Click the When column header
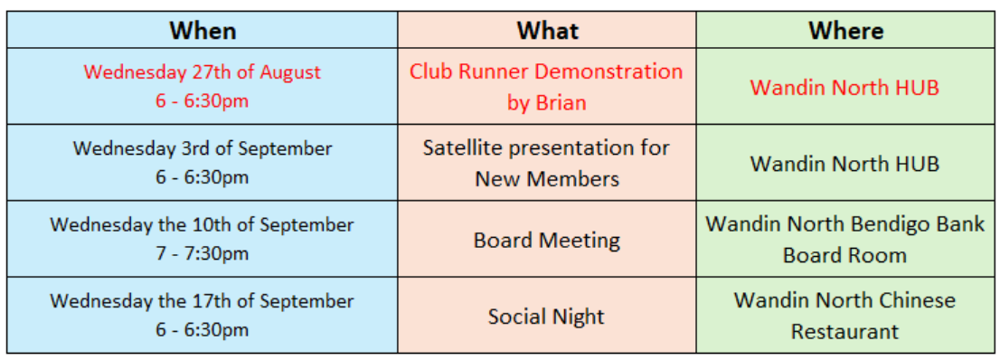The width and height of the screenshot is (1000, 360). [x=203, y=30]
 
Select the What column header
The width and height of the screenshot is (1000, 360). [x=547, y=30]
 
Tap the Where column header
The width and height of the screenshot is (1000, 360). [x=845, y=30]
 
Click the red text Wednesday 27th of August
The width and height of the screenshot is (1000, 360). [x=203, y=71]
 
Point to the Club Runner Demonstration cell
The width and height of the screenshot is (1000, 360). [x=546, y=86]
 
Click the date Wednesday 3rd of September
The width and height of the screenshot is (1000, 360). [x=203, y=148]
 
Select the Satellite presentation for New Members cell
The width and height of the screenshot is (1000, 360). [x=546, y=163]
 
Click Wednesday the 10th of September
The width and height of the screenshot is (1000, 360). [x=203, y=224]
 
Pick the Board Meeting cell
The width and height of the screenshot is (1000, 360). [x=546, y=240]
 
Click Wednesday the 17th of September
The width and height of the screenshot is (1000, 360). [x=203, y=300]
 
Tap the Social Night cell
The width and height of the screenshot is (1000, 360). [x=546, y=316]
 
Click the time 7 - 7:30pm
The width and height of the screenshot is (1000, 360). [x=203, y=254]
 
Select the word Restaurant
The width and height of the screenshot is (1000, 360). [x=844, y=331]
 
